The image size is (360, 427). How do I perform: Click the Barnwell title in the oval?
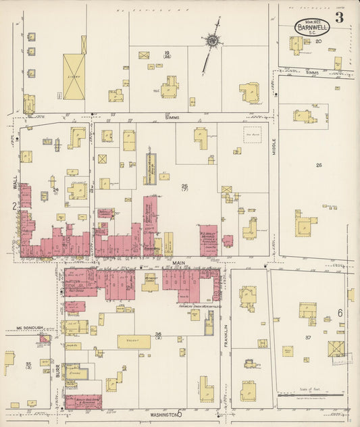(x=311, y=28)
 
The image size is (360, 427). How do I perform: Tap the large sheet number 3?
(x=338, y=18)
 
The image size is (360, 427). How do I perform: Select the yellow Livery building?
(x=74, y=76)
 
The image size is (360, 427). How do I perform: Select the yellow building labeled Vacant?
(x=134, y=342)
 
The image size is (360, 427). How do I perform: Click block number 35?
(x=28, y=366)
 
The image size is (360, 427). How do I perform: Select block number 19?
(x=165, y=53)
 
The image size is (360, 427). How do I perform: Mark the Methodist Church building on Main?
(x=150, y=282)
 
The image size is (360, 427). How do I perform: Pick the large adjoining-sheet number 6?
(x=340, y=313)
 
